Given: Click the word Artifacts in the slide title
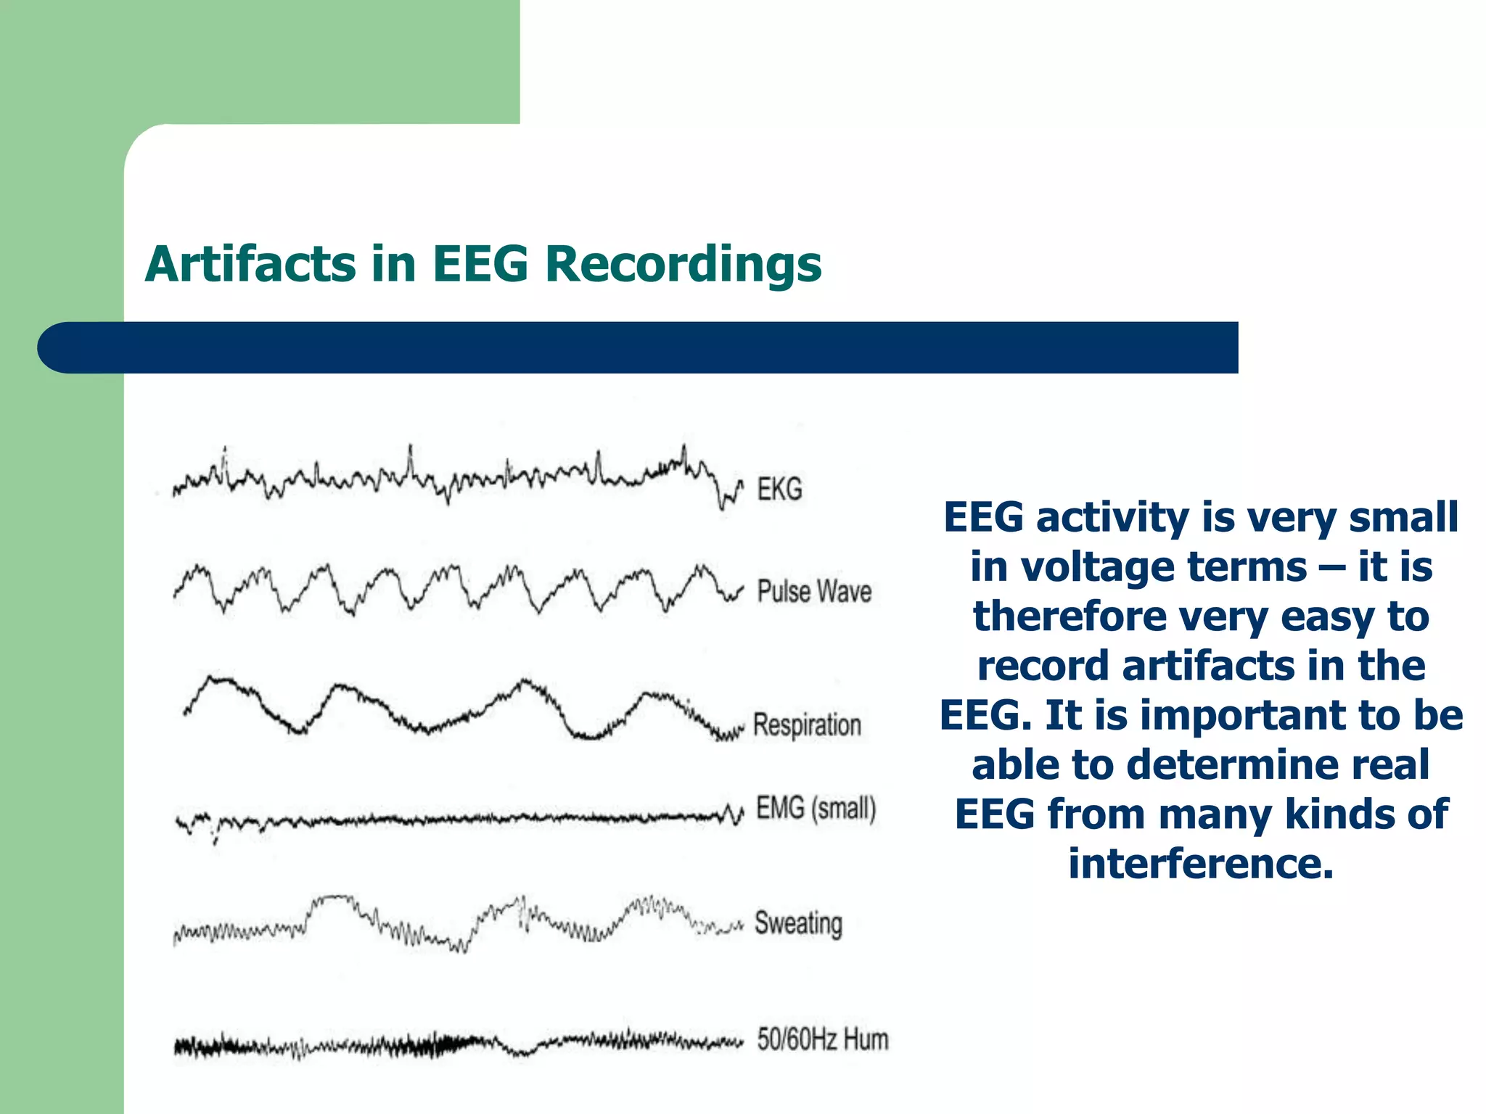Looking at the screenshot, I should [250, 264].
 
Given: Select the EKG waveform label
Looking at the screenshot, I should [779, 490].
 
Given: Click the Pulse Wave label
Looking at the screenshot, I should [814, 592].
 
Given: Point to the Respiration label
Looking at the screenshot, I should [807, 725].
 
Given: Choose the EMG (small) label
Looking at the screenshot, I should [816, 808].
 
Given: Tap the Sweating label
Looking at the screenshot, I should [798, 923].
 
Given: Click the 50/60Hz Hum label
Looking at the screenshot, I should [822, 1039].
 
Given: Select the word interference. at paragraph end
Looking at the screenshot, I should [1201, 864].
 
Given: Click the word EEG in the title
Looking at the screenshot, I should [480, 264].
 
